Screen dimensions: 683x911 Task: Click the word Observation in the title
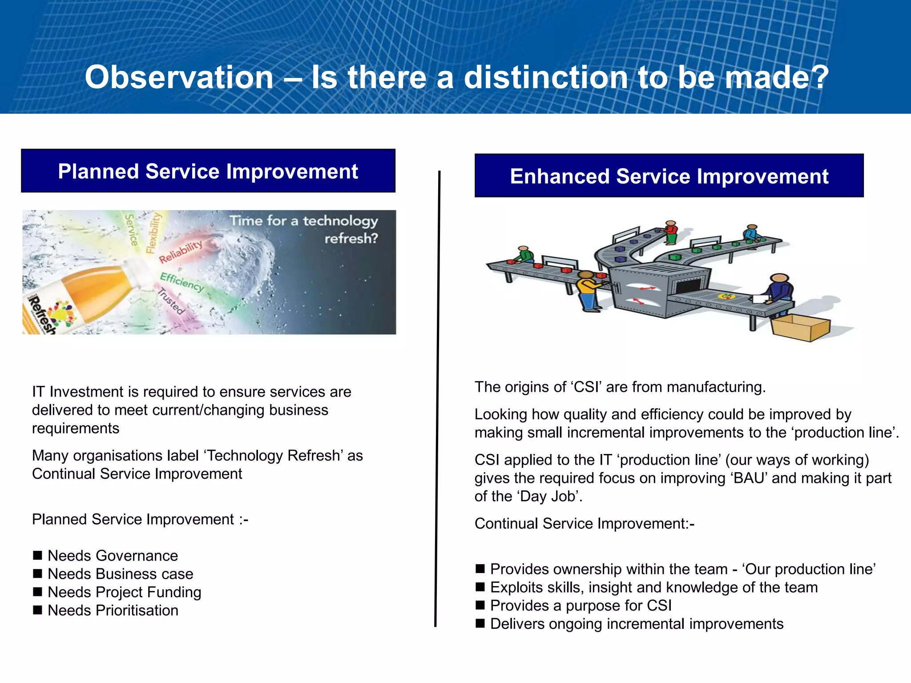coord(179,77)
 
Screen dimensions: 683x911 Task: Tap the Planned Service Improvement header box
coord(208,171)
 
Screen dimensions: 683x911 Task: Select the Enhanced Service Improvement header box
coord(669,176)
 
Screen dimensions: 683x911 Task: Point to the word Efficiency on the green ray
coord(181,281)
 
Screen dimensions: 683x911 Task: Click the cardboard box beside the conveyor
coord(800,328)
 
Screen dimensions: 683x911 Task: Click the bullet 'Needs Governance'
coord(113,555)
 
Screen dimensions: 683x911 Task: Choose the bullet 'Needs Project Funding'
coord(124,592)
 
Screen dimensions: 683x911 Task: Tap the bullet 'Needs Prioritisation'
coord(113,610)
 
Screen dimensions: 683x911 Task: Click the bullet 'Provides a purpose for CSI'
coord(580,605)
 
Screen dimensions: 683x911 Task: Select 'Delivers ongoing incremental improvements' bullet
coord(636,623)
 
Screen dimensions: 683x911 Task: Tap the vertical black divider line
coord(437,400)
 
